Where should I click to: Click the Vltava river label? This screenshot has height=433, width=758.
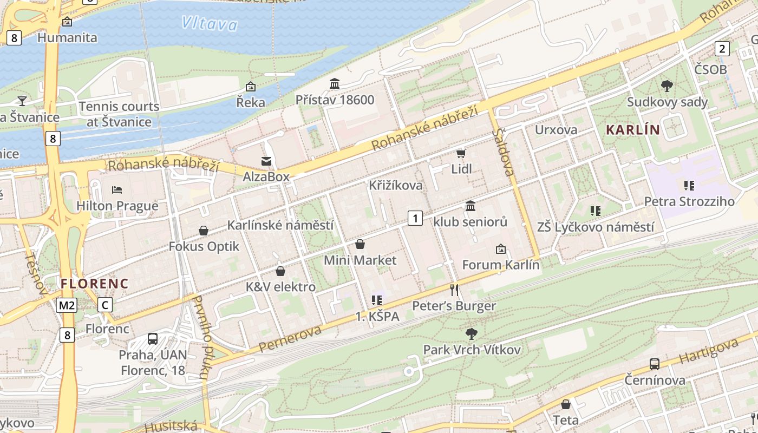(x=209, y=23)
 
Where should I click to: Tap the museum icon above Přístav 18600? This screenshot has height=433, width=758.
(x=335, y=84)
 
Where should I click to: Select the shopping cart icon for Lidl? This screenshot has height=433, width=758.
(x=461, y=154)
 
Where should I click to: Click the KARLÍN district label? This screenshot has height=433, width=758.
(x=633, y=130)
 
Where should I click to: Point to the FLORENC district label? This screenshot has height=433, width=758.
(x=94, y=284)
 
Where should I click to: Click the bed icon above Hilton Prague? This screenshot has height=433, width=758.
(x=117, y=190)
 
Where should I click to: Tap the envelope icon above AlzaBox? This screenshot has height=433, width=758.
(x=266, y=161)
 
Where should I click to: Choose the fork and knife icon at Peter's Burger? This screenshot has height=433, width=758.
(x=454, y=290)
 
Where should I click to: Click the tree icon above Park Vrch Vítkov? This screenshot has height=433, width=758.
(x=472, y=333)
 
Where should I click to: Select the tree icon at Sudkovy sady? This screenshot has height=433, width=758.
(x=667, y=86)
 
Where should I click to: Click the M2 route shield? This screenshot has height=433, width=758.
(x=67, y=305)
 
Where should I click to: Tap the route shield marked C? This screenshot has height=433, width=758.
(x=106, y=305)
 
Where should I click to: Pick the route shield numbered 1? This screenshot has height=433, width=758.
(x=415, y=218)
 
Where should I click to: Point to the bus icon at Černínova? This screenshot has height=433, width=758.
(x=655, y=364)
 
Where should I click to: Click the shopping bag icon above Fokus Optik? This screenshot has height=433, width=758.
(x=204, y=231)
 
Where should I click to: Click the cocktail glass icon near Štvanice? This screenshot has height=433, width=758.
(x=22, y=101)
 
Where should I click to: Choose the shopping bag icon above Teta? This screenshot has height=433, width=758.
(x=566, y=404)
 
